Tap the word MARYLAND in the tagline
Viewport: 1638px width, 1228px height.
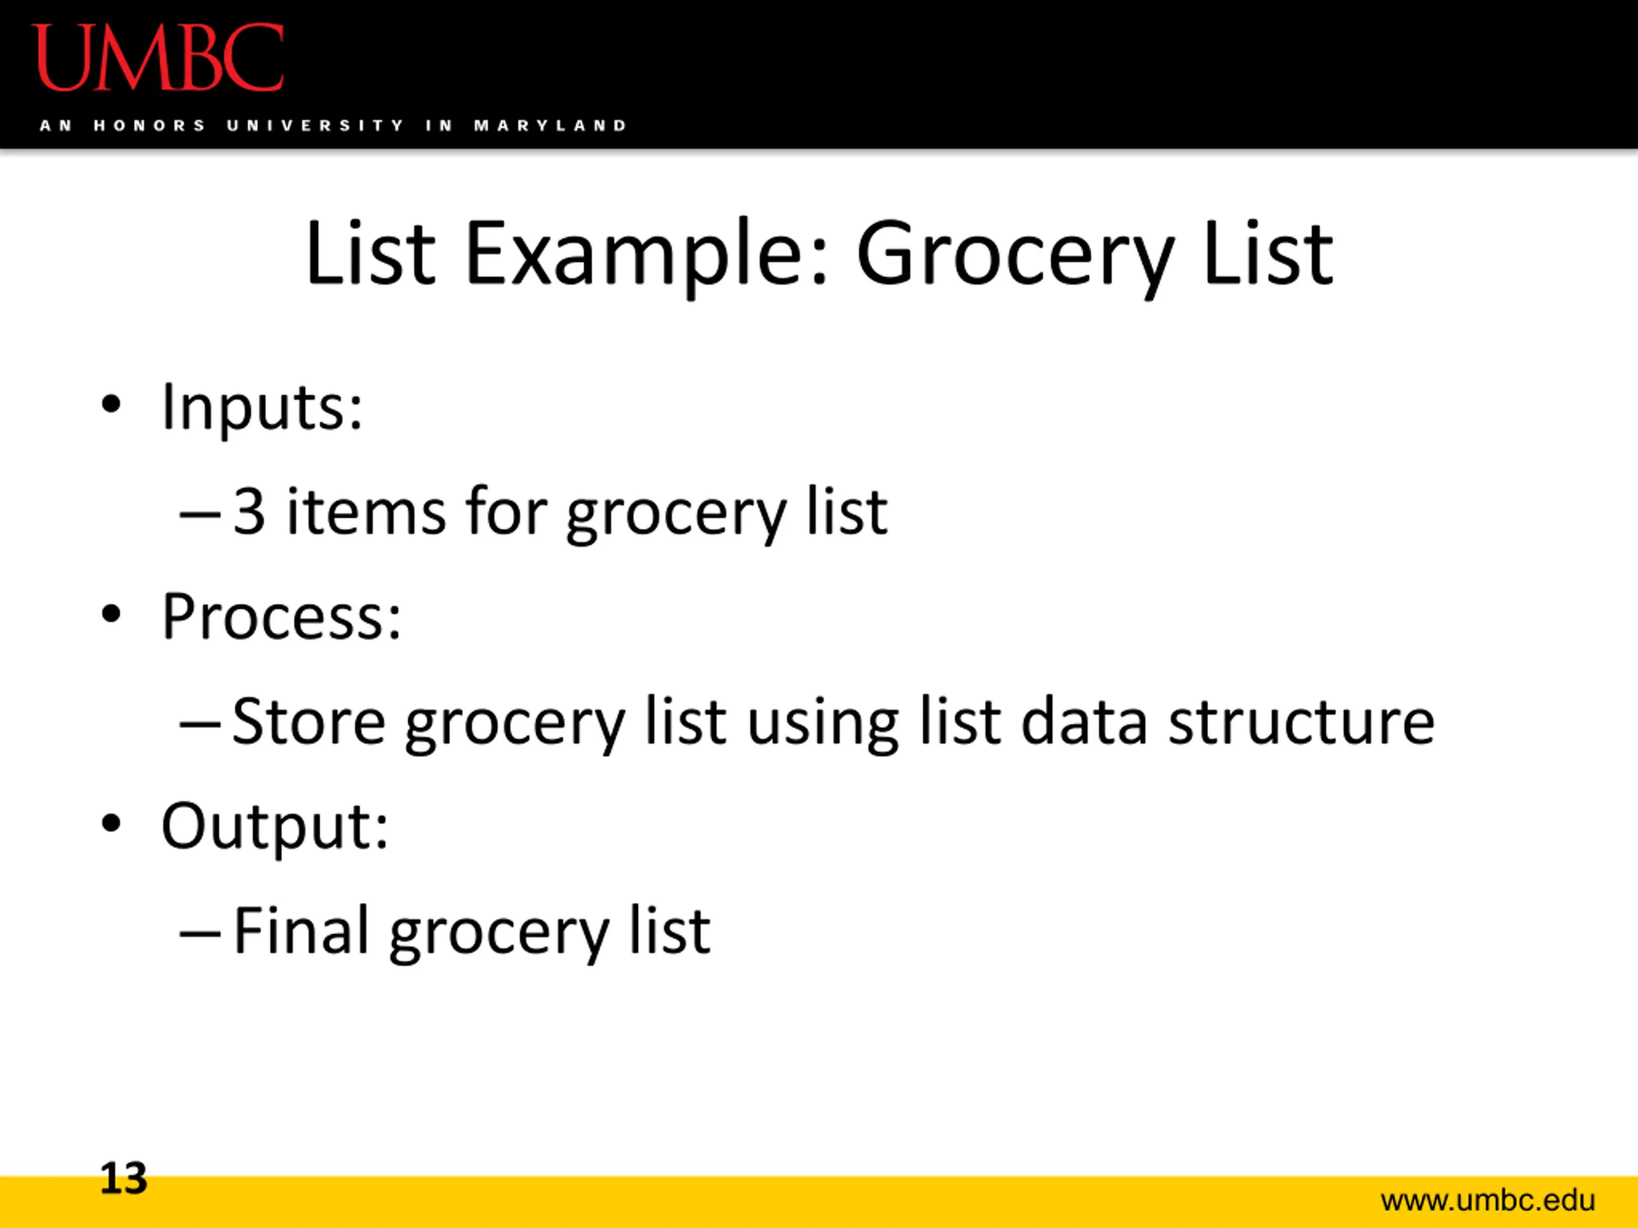(550, 126)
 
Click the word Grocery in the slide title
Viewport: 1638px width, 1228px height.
(1015, 256)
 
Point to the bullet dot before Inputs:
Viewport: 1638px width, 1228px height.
(111, 405)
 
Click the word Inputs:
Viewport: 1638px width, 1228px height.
(262, 408)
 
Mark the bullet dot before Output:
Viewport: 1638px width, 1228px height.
(111, 824)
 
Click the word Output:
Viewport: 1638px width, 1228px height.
(274, 828)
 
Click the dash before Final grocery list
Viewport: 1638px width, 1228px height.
(200, 935)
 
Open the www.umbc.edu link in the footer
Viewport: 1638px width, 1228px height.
(1488, 1200)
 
